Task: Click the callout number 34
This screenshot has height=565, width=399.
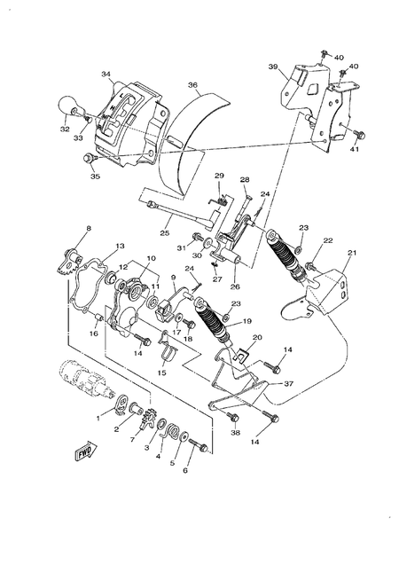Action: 106,75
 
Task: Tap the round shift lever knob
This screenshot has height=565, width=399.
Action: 70,109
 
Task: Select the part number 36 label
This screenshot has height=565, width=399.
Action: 192,85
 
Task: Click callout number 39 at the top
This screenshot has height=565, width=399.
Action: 273,67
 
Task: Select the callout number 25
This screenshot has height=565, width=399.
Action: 165,233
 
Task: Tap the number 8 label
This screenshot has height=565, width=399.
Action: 88,230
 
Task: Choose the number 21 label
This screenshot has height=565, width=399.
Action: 350,253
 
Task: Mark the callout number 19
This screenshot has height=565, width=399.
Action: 247,322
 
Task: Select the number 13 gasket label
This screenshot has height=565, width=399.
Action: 120,246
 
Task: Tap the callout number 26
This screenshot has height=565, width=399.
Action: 236,286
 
